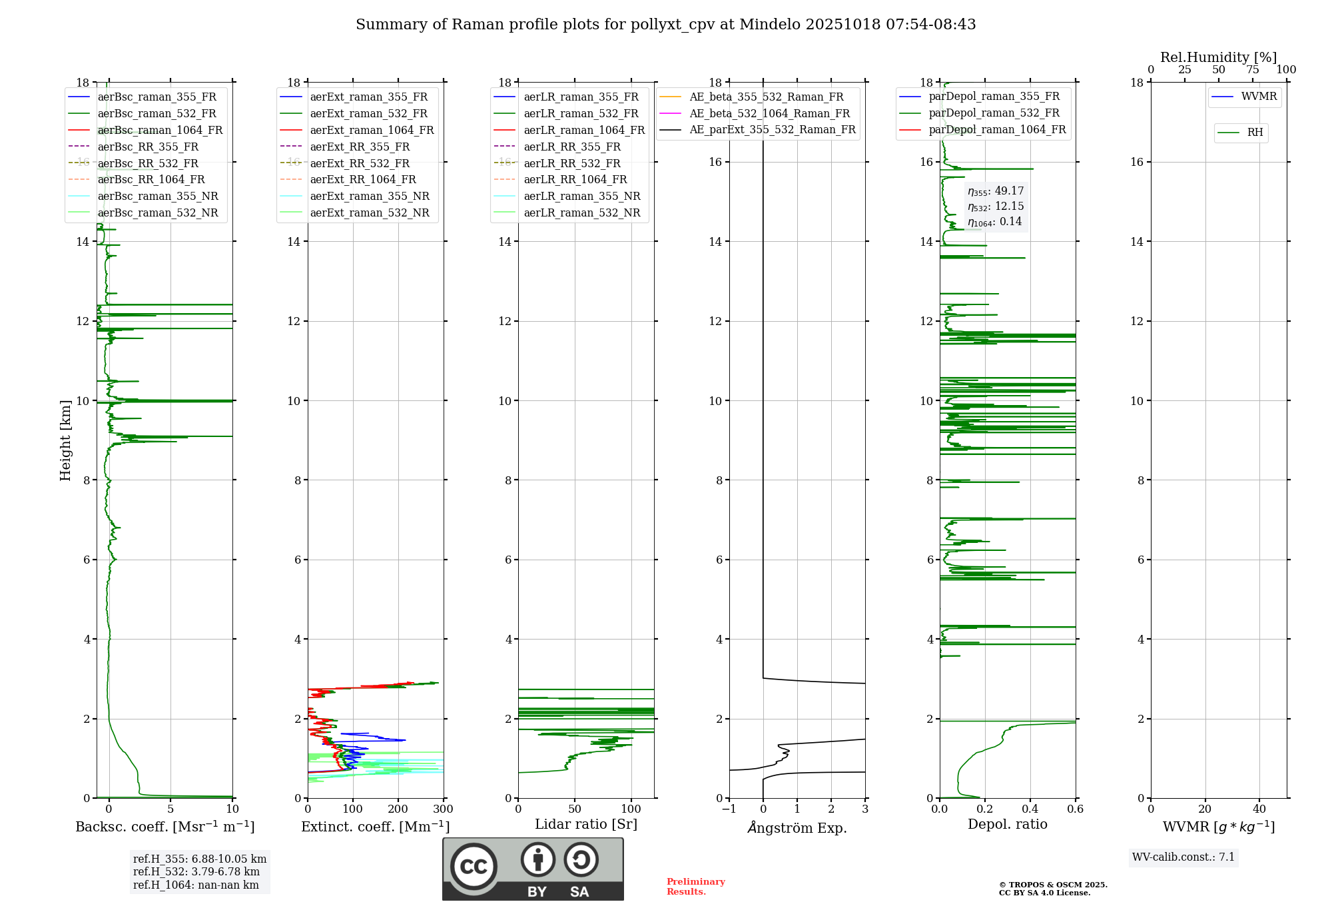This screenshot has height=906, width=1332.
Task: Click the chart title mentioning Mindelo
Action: click(665, 25)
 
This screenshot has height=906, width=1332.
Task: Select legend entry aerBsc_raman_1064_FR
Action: click(160, 130)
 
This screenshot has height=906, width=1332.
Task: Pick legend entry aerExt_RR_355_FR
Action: click(360, 147)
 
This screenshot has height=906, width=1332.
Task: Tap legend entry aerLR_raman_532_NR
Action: click(581, 213)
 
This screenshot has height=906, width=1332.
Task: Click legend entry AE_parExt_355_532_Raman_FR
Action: click(772, 129)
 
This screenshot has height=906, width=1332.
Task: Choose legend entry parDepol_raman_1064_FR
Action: click(997, 129)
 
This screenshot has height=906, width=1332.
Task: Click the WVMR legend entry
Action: click(1259, 97)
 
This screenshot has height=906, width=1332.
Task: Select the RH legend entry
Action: click(1255, 133)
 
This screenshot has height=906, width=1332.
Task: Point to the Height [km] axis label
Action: click(65, 440)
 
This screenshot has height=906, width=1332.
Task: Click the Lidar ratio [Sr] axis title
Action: click(585, 824)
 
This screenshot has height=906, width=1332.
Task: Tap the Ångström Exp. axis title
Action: click(797, 827)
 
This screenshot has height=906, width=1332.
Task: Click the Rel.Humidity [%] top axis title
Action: click(1218, 57)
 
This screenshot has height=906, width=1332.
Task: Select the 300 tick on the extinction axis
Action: click(443, 809)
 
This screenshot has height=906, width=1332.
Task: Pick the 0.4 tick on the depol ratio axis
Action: click(1030, 809)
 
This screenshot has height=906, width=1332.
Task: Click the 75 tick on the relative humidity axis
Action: click(1252, 70)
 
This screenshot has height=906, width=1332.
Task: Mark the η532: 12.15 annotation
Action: click(996, 207)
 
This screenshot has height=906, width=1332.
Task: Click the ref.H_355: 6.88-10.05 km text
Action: click(199, 859)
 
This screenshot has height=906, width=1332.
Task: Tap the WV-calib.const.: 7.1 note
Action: click(1183, 857)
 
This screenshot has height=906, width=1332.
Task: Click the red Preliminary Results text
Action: click(695, 886)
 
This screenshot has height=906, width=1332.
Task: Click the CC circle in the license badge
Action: click(474, 867)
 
